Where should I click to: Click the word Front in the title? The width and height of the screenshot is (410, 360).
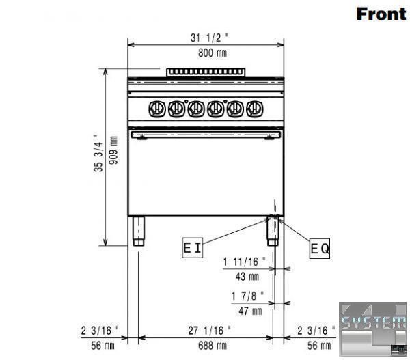click(x=381, y=14)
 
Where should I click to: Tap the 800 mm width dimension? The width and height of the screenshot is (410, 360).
click(x=213, y=53)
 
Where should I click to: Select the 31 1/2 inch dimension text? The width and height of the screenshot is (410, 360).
click(x=210, y=38)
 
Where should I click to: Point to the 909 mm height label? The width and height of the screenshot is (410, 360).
click(x=113, y=150)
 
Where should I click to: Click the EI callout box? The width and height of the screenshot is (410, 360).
click(x=193, y=248)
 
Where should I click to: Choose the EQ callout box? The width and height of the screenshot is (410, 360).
click(x=320, y=249)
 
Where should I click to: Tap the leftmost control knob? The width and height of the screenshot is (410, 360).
click(x=157, y=109)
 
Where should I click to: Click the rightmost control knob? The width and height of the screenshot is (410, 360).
click(x=255, y=109)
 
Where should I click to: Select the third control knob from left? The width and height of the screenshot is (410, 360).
click(x=196, y=109)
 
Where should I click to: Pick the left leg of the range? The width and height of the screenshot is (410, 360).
click(x=138, y=231)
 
